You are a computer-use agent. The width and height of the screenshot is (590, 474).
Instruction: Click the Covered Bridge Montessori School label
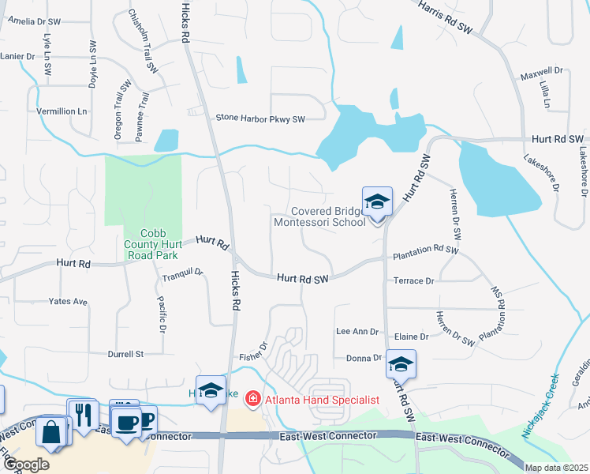319,216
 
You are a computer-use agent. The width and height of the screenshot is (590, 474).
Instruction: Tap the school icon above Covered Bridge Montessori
377,202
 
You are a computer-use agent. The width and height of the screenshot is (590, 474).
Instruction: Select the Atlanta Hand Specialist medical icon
252,399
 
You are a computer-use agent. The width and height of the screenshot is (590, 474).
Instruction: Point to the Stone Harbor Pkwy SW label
260,118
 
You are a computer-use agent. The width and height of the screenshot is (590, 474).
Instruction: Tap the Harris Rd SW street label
444,17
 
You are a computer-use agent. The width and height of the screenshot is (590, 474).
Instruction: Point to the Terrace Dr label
413,280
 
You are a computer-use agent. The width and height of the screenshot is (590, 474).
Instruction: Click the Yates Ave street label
68,302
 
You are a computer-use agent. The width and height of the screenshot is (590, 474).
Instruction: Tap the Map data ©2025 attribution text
555,468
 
